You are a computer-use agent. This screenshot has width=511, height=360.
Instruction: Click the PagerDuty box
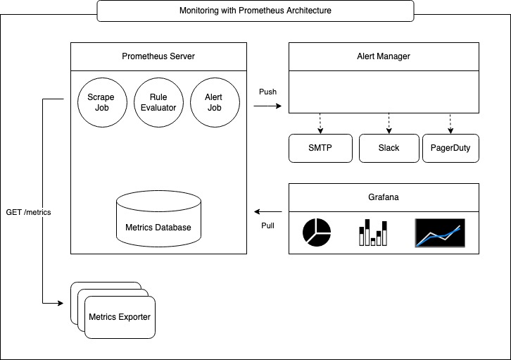[450, 149]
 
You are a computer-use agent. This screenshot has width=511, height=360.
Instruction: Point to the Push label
[267, 92]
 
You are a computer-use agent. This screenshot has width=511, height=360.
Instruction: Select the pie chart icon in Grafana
[317, 232]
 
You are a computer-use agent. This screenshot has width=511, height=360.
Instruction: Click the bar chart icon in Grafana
[374, 232]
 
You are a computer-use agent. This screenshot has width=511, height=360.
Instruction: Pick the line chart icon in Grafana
[440, 232]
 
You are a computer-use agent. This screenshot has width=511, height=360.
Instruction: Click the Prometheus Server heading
[158, 56]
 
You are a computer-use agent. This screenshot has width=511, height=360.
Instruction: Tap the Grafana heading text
[384, 197]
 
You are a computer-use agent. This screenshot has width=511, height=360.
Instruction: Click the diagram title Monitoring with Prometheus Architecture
[255, 11]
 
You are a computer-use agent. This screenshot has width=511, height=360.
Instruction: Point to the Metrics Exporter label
[119, 317]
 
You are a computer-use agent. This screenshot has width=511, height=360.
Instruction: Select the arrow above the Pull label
[268, 211]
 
